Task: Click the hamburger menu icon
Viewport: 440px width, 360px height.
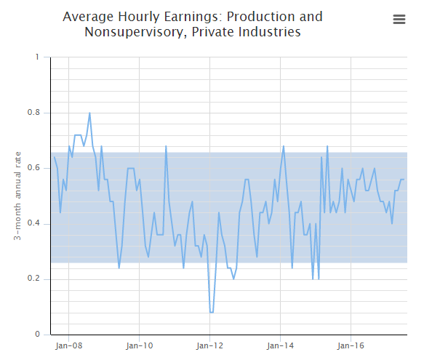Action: pos(399,20)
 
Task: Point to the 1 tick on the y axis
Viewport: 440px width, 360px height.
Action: pos(38,57)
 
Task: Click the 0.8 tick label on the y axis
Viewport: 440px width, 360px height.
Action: pos(33,113)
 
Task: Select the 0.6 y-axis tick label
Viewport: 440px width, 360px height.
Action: pos(33,168)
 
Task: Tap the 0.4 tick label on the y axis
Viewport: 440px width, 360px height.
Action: pos(33,223)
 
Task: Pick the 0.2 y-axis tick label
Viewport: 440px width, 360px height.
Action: pos(33,279)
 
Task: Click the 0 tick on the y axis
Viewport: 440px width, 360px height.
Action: pos(38,335)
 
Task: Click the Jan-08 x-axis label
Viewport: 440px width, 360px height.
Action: pos(68,346)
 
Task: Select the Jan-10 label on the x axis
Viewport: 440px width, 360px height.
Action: pos(139,346)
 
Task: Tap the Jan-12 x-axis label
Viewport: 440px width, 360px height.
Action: pos(209,346)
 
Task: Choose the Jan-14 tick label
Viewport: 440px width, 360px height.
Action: pos(280,346)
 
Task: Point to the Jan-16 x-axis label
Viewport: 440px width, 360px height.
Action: pos(351,346)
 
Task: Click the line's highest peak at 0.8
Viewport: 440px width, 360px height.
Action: pos(89,113)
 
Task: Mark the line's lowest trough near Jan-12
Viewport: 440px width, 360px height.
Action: pos(212,312)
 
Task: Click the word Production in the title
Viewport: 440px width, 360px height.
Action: pos(261,17)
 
